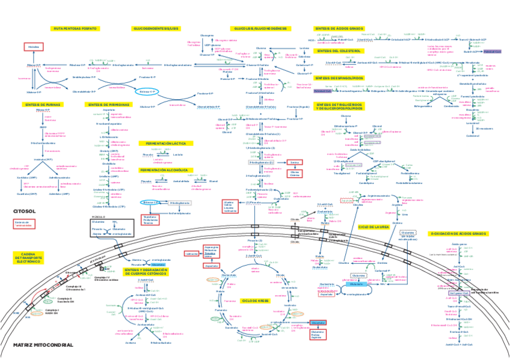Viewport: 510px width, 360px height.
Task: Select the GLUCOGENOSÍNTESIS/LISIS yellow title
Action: click(155, 28)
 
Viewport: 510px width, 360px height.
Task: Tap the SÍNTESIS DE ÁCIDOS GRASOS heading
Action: click(339, 28)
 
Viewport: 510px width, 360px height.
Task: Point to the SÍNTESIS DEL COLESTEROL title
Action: click(339, 51)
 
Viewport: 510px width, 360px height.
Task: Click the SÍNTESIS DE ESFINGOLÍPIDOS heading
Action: click(339, 78)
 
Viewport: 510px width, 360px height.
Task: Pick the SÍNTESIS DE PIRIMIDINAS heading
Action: click(108, 105)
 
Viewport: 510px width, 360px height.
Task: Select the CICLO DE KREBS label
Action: click(255, 300)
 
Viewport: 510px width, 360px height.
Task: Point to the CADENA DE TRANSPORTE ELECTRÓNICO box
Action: click(28, 258)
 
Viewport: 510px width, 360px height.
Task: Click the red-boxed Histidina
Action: click(34, 46)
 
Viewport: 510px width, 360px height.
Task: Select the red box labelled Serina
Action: click(294, 162)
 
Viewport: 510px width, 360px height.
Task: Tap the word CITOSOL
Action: click(24, 211)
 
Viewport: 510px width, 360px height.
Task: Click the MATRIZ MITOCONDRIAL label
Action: click(43, 345)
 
